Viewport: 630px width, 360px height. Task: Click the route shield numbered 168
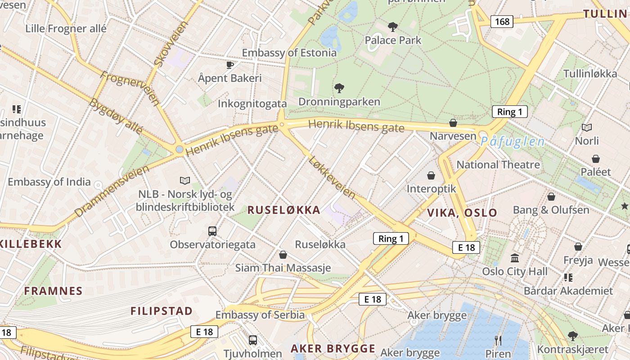point(502,21)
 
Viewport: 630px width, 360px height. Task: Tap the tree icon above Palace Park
point(393,27)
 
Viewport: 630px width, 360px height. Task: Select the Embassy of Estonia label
point(289,53)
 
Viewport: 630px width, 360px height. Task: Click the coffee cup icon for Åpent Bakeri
point(230,65)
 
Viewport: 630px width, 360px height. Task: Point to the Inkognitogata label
point(252,103)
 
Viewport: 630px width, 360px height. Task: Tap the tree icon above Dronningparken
point(339,88)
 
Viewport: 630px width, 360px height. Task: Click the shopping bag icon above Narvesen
point(453,123)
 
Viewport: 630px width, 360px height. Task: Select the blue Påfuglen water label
point(512,142)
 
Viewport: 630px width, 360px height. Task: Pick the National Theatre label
point(498,165)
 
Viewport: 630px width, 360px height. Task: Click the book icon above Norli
point(587,128)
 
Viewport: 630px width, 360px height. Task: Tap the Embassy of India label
point(49,182)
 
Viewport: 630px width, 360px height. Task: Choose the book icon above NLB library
point(185,180)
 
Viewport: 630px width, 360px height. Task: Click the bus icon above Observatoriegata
point(212,231)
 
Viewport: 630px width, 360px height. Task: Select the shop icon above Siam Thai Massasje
point(283,255)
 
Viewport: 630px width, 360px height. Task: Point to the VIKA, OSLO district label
point(462,213)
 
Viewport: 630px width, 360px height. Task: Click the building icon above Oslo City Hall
point(515,258)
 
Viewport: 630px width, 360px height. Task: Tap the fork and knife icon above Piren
point(498,340)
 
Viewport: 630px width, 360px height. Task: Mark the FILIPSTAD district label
point(162,311)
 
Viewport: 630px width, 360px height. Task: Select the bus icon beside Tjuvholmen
point(253,340)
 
